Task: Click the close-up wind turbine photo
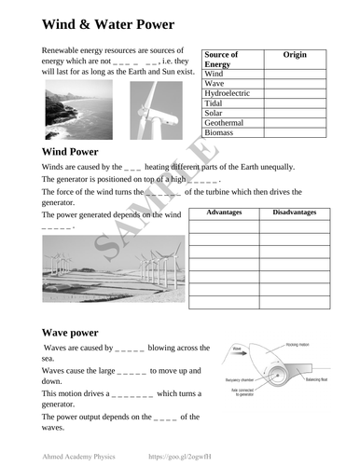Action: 156,109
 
